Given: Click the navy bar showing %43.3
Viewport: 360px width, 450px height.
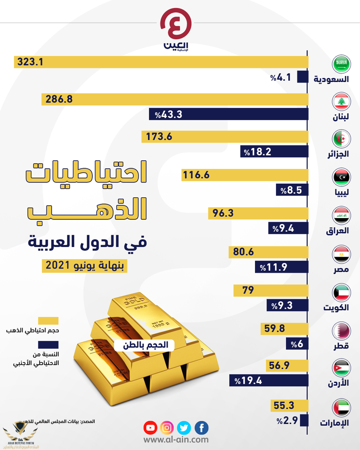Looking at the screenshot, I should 228,114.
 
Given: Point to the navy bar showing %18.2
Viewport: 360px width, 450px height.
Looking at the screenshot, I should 274,151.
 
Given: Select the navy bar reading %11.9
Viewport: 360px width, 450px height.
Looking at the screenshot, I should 282,267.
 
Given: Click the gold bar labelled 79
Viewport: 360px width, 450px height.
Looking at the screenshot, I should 271,291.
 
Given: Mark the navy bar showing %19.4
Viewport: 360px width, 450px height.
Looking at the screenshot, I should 269,380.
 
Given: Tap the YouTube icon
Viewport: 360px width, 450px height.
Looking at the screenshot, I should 150,427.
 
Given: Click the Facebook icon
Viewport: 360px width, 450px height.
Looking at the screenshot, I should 202,427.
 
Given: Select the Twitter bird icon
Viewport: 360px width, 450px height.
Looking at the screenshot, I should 184,427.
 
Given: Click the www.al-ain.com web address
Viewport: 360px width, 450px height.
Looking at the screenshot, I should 176,440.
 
